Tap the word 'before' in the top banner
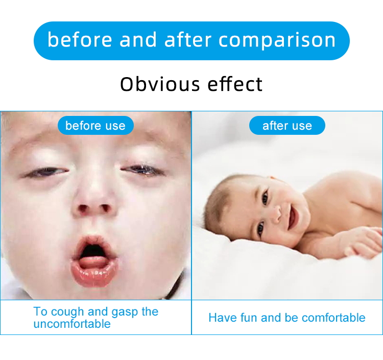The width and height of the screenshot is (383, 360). point(79,40)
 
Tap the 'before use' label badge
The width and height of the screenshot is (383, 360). point(95,126)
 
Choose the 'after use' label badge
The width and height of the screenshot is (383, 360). point(287,126)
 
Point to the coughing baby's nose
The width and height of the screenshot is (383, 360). point(93,202)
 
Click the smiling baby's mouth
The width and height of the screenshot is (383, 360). point(292,218)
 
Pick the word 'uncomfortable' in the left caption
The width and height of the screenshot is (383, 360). point(72,324)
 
